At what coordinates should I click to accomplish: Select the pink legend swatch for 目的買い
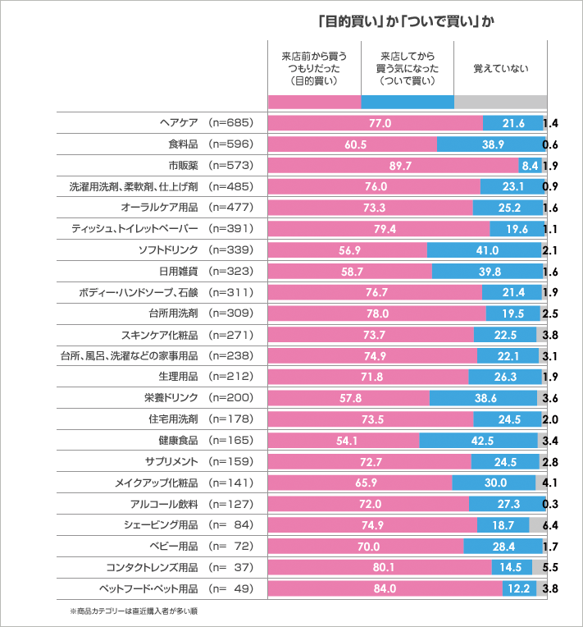tap(314, 102)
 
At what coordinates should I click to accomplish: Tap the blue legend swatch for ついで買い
tap(407, 102)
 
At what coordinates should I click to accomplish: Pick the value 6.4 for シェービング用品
tap(551, 524)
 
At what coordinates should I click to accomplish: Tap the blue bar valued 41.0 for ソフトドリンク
tap(484, 249)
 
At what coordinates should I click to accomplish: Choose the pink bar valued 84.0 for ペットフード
tap(385, 588)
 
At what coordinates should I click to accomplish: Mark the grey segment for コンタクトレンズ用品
tap(539, 567)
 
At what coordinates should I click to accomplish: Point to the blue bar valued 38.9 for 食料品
tap(490, 144)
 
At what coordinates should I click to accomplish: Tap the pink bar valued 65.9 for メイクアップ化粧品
tap(360, 483)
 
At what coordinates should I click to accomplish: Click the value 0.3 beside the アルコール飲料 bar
tap(551, 503)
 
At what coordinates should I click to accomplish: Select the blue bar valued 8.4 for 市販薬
tap(530, 165)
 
